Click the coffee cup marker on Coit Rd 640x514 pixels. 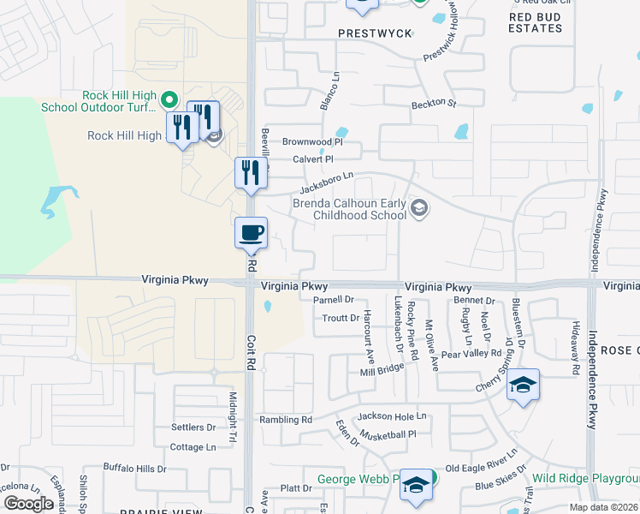tap(252, 233)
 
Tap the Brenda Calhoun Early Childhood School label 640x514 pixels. tap(349, 209)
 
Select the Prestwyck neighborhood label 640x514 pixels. tap(375, 33)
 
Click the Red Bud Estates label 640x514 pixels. tap(536, 22)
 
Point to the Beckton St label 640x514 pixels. tap(434, 103)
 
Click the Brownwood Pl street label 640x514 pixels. tap(312, 141)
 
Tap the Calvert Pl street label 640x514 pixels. tap(312, 158)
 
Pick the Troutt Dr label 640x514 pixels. tap(341, 318)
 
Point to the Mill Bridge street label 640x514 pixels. tap(382, 369)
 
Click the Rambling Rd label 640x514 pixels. tap(287, 420)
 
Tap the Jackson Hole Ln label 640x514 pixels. tap(392, 416)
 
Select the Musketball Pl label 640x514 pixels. tap(388, 434)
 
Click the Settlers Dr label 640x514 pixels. tap(193, 427)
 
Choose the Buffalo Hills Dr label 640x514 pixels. tap(135, 469)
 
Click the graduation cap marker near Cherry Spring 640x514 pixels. tap(524, 385)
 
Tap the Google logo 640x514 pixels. tap(28, 504)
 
